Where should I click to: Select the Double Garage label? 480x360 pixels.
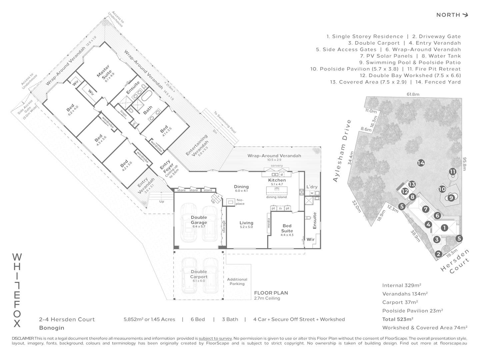[x=199, y=220]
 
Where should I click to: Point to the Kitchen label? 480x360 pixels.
[x=277, y=180]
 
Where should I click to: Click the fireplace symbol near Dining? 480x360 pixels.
[x=230, y=202]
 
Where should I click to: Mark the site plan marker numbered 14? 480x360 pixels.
[x=421, y=163]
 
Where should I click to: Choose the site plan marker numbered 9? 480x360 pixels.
[x=451, y=198]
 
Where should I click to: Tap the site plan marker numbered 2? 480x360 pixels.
[x=439, y=254]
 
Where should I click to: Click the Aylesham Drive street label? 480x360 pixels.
[x=342, y=151]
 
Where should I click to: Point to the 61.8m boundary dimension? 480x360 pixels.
[x=413, y=94]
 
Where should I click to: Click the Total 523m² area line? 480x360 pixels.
[x=398, y=319]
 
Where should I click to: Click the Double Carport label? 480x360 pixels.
[x=199, y=274]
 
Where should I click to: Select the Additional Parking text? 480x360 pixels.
[x=237, y=282]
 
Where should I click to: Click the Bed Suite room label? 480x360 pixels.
[x=287, y=228]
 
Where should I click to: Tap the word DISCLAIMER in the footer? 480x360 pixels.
[x=23, y=338]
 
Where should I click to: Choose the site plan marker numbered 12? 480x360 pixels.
[x=405, y=191]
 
